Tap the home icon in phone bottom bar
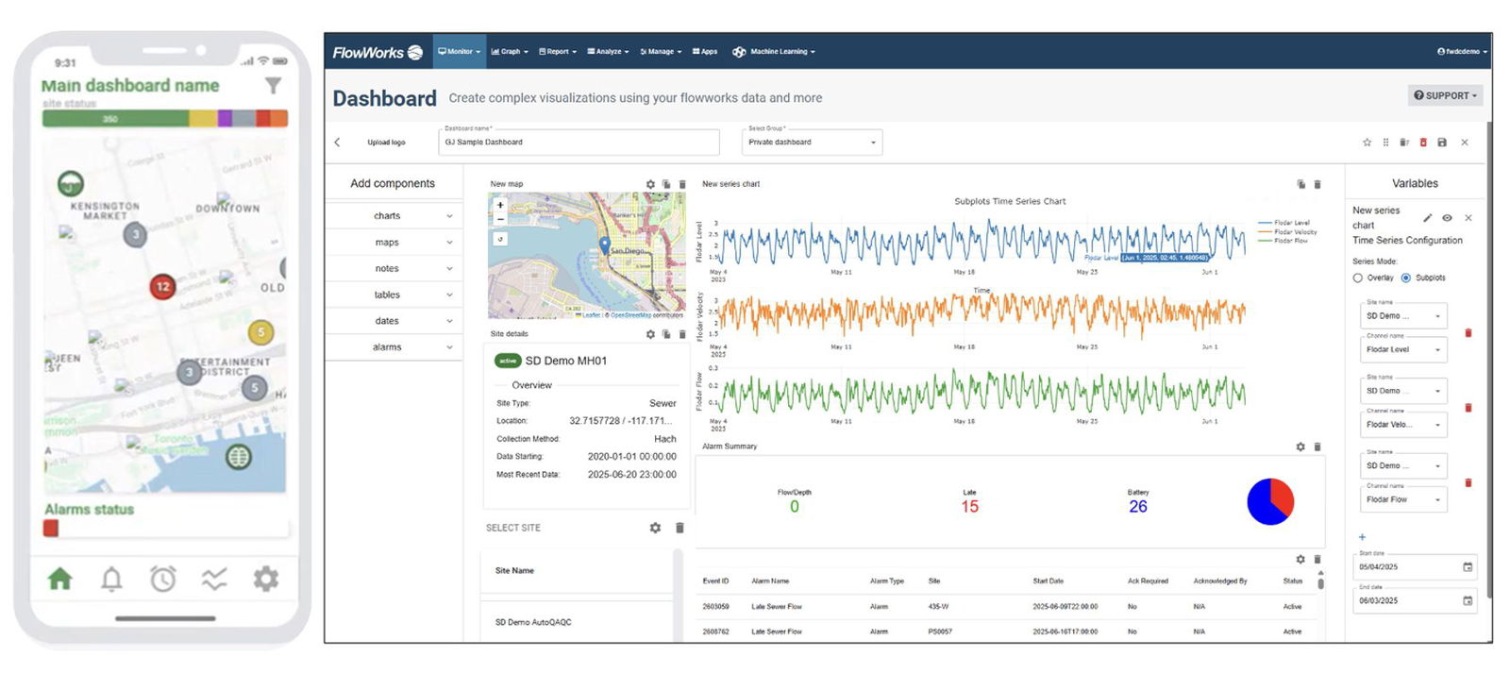tap(59, 579)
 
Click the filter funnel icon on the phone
tap(273, 86)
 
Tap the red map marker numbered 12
tap(162, 286)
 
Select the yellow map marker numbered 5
tap(260, 331)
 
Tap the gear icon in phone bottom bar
tap(266, 579)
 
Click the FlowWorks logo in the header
tap(377, 52)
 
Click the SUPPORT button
tap(1445, 95)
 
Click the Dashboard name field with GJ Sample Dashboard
tap(579, 143)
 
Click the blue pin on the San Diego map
tap(605, 245)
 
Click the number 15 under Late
tap(969, 507)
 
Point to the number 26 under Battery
tap(1138, 507)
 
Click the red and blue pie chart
tap(1270, 501)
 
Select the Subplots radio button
tap(1406, 278)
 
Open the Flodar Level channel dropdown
tap(1403, 349)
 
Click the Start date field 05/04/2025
tap(1406, 567)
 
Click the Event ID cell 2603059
tap(715, 607)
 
